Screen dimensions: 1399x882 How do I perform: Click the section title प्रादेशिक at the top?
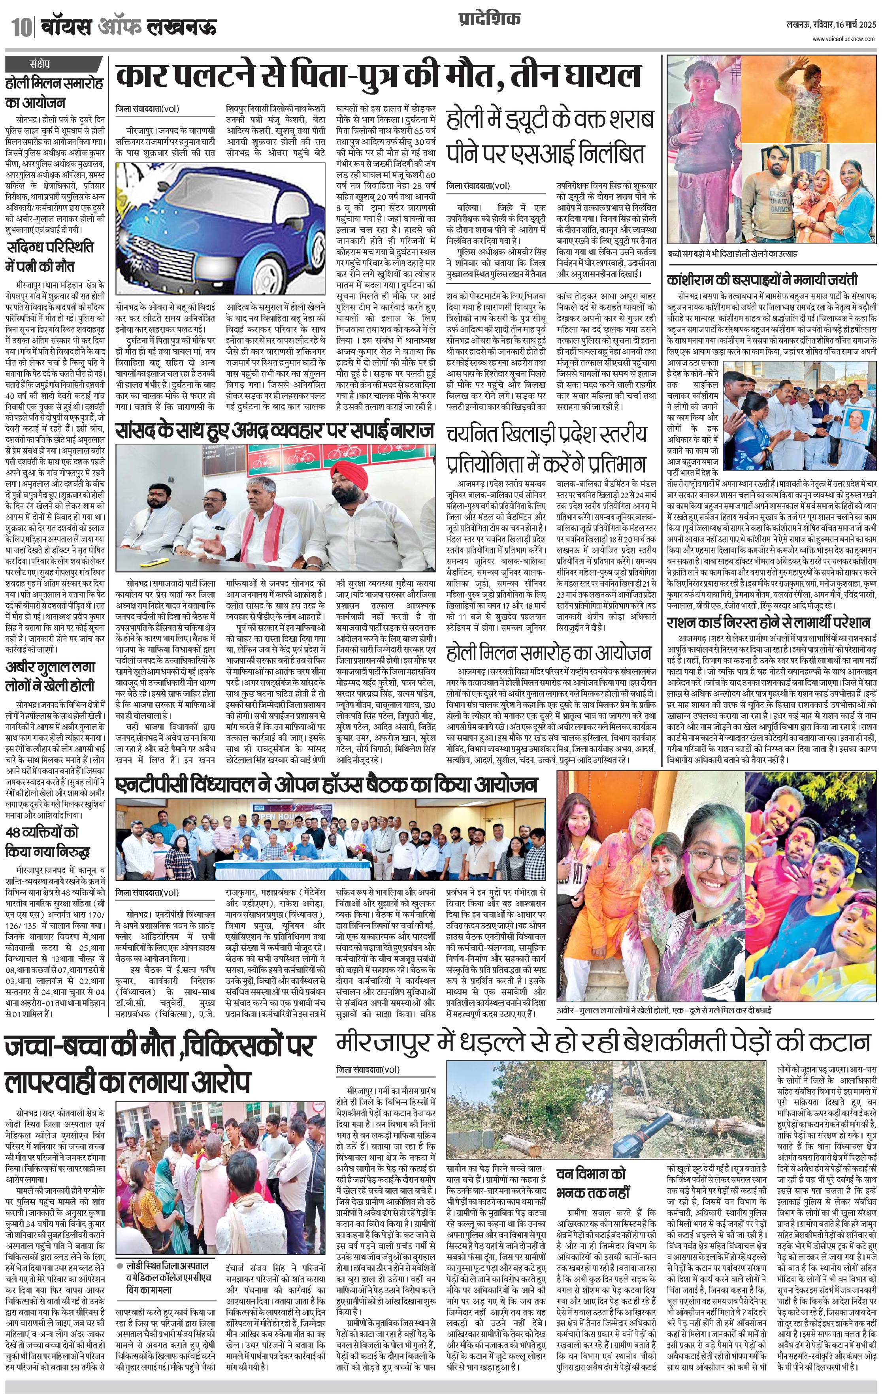point(487,19)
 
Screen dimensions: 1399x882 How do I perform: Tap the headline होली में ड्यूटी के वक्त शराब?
point(550,120)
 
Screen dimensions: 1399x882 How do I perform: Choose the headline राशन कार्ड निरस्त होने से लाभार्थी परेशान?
point(768,622)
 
